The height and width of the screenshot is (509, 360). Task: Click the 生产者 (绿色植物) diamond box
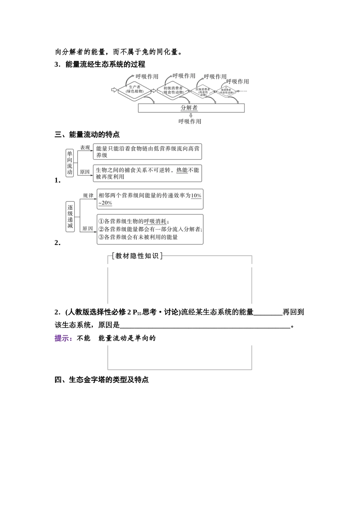click(x=135, y=90)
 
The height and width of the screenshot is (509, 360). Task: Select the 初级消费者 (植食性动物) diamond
click(x=173, y=90)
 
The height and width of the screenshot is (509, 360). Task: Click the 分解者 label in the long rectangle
click(x=189, y=108)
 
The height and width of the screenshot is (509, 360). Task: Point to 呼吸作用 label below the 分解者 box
click(x=190, y=122)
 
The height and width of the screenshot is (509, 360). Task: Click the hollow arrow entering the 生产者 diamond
click(x=114, y=90)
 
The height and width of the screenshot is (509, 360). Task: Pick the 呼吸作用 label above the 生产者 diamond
click(x=147, y=77)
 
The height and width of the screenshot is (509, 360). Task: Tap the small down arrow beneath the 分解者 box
click(x=191, y=115)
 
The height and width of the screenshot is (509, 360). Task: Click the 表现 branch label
click(x=85, y=148)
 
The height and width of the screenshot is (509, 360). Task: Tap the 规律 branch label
click(x=88, y=195)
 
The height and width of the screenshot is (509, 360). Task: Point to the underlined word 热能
click(x=182, y=170)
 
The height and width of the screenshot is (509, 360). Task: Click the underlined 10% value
click(x=196, y=196)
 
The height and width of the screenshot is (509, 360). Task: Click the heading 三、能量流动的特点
click(x=88, y=134)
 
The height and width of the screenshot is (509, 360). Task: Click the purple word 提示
click(x=63, y=338)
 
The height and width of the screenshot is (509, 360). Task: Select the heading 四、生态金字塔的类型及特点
click(x=102, y=379)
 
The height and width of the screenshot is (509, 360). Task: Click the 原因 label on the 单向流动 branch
click(x=85, y=172)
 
